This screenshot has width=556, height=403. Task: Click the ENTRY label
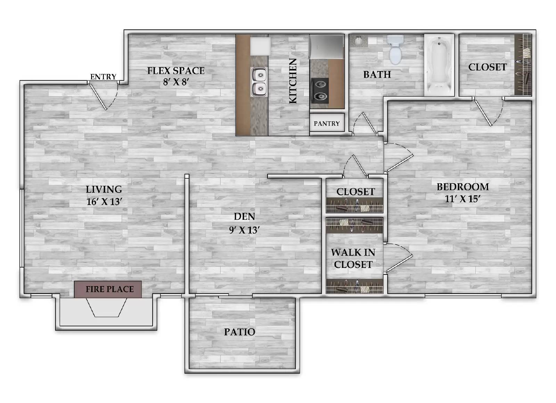(x=103, y=77)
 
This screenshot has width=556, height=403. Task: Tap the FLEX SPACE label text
(x=175, y=71)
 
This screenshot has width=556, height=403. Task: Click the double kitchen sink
(x=259, y=82)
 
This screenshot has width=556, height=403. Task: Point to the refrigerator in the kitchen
(x=326, y=47)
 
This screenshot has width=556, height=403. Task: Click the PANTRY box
(x=327, y=123)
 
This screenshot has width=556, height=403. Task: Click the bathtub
(x=439, y=65)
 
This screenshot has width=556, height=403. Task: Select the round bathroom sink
(x=358, y=41)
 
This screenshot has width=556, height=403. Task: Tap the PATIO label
(x=239, y=332)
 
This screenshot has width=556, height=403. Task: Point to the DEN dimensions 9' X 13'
(x=244, y=230)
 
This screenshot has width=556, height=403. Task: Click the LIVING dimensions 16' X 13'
(x=104, y=202)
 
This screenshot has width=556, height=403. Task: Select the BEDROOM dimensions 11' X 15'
(x=463, y=199)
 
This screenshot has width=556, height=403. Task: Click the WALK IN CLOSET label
(x=353, y=258)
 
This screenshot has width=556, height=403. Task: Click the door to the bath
(x=364, y=124)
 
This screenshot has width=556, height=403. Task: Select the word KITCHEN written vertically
(x=293, y=81)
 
